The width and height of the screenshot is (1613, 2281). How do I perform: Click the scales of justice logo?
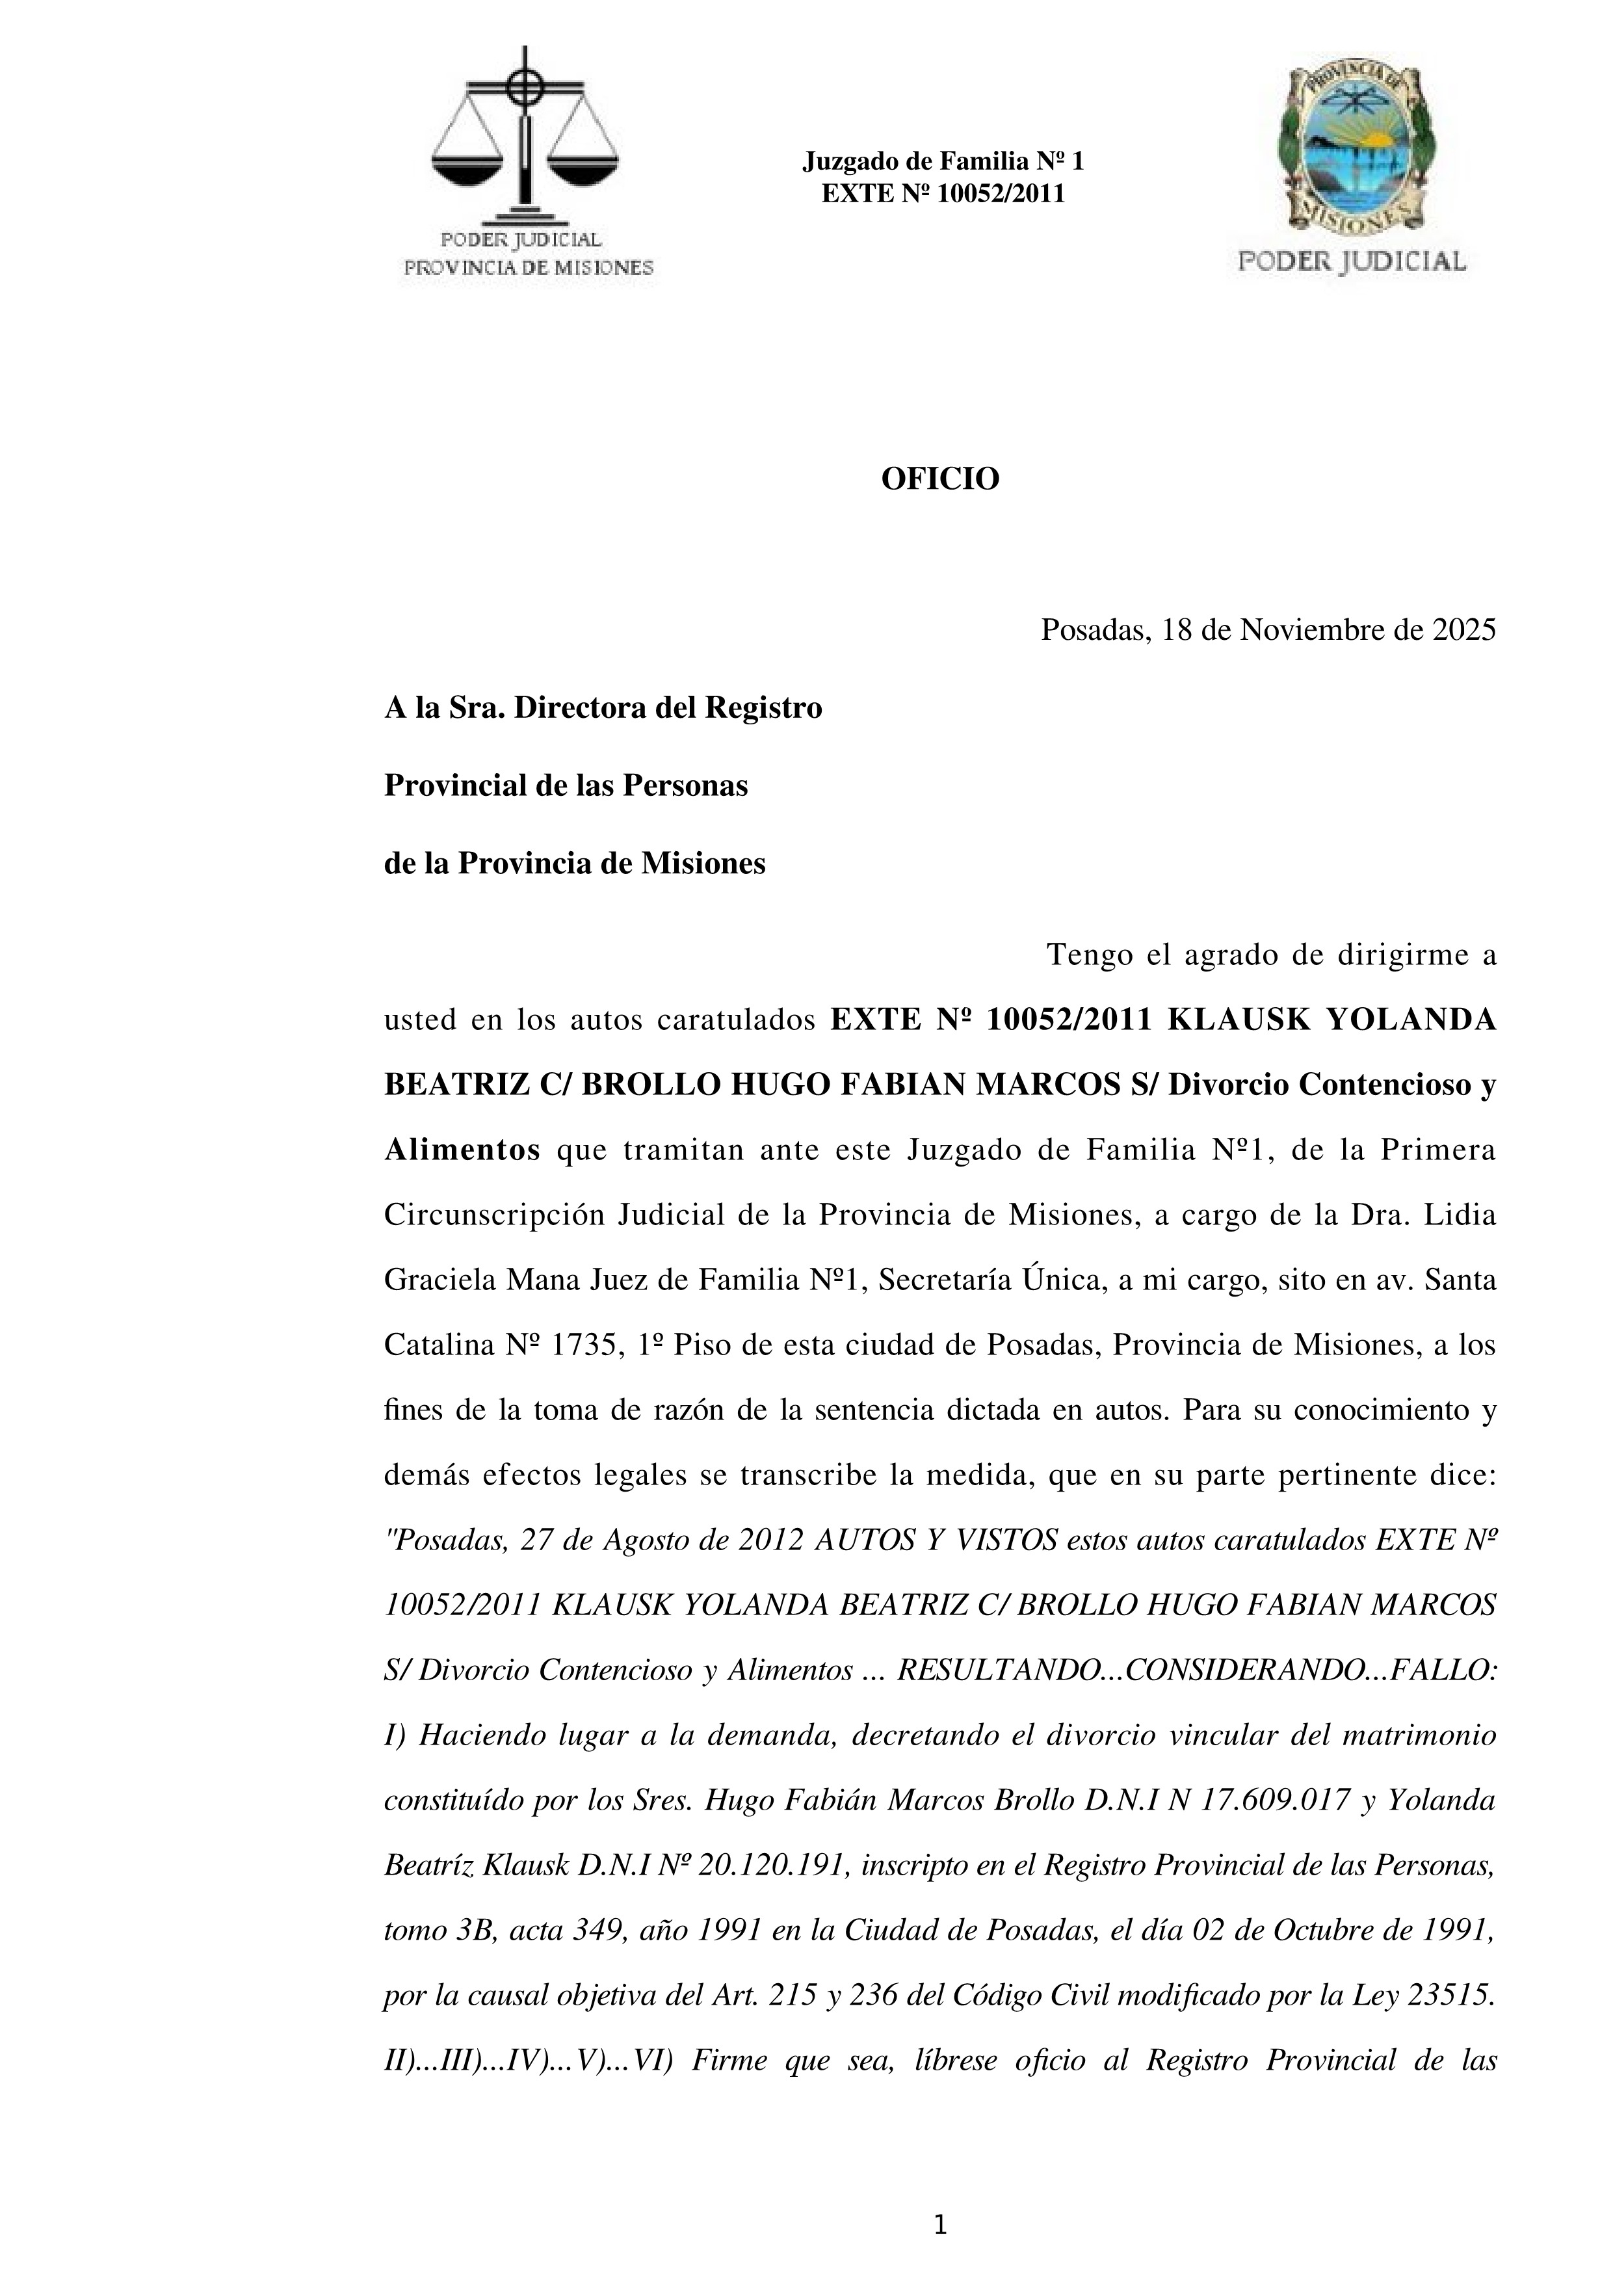coord(525,139)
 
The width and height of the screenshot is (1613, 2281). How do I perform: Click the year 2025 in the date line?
coord(1463,630)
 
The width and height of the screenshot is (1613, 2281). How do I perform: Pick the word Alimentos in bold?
coord(462,1150)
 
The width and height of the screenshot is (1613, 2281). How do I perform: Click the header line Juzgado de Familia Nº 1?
coord(943,161)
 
